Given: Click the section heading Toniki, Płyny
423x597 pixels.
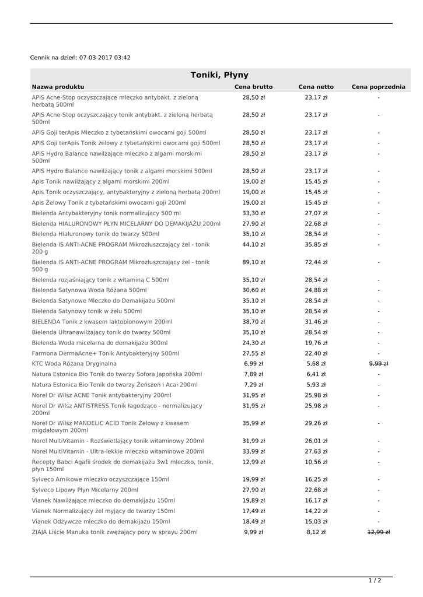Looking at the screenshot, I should point(219,75).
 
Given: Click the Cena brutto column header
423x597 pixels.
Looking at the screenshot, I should point(253,87).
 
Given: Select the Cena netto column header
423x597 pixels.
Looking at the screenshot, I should point(316,87).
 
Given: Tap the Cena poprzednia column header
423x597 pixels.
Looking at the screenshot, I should point(378,87).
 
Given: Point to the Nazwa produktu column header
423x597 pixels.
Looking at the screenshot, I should point(58,87).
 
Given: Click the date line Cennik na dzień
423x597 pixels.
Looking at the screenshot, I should point(80,58).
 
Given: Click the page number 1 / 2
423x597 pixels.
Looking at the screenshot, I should point(375,580).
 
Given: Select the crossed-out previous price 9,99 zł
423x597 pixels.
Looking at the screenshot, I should point(379,364).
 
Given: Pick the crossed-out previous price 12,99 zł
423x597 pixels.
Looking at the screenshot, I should point(379,532).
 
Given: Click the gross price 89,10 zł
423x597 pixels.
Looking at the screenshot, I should point(253,262).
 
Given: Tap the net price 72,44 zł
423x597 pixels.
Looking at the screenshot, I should point(316,262).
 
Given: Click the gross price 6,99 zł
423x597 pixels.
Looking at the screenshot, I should point(253,364).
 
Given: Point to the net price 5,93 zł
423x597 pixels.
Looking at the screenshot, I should point(316,385).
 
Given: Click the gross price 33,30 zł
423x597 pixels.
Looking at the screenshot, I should point(253,213).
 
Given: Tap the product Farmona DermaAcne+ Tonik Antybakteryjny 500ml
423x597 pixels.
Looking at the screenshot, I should point(106,353).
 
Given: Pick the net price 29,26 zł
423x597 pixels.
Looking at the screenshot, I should point(316,423).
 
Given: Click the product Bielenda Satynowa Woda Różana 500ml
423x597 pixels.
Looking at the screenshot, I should point(89,290).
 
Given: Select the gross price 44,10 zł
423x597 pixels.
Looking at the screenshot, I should point(253,245).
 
